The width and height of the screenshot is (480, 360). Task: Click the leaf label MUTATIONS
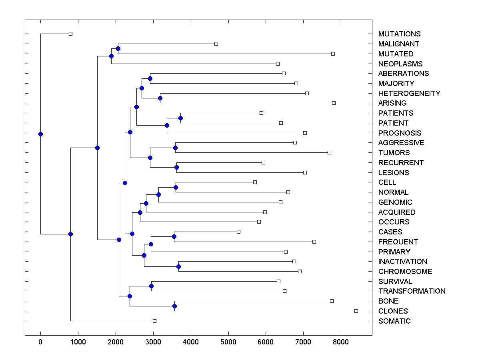[399, 34]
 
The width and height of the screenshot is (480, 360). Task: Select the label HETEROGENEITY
[409, 94]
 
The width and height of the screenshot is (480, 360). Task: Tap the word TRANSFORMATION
[412, 291]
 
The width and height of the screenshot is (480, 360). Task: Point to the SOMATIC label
[394, 321]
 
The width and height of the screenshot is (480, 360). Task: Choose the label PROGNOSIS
[400, 133]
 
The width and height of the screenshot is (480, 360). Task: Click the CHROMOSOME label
[405, 272]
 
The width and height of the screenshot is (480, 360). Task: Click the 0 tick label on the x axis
[40, 342]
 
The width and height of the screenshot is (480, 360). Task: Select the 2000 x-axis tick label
[116, 342]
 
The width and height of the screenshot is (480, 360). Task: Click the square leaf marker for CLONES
[356, 311]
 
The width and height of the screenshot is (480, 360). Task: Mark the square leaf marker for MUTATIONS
[70, 34]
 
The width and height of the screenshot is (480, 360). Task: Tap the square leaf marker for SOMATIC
[154, 321]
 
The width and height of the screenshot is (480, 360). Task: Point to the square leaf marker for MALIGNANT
[216, 44]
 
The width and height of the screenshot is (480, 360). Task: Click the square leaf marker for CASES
[238, 232]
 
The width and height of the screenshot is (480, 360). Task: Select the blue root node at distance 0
[40, 134]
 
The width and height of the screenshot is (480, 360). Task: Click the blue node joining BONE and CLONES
[174, 306]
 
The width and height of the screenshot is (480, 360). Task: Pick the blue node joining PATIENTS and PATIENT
[180, 118]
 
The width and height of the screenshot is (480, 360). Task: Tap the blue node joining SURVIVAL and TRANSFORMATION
[151, 286]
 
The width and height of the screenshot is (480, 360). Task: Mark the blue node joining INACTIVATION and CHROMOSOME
[179, 266]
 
